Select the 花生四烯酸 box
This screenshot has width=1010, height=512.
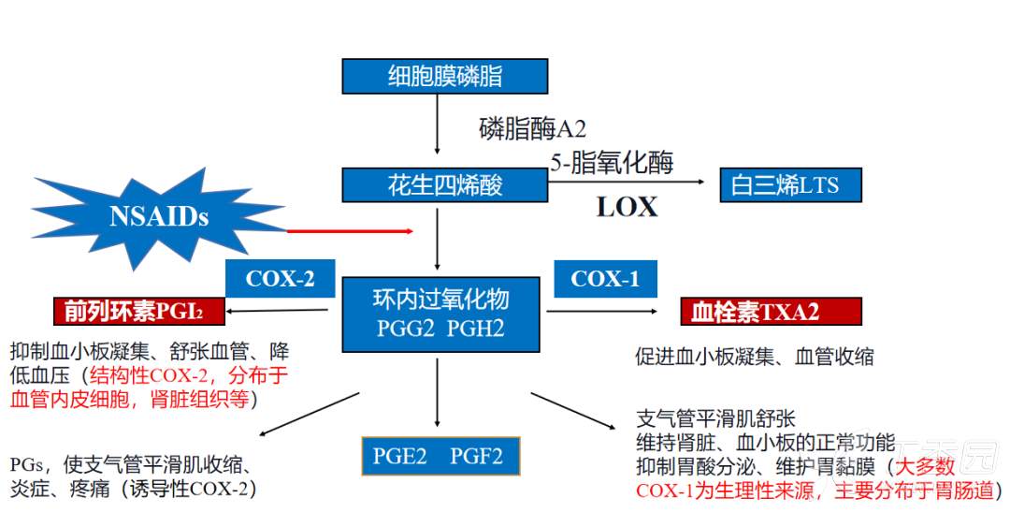(444, 184)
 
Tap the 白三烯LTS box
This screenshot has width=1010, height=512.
(790, 184)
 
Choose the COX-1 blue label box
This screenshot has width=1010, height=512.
(604, 279)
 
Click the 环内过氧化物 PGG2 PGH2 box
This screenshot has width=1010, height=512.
(440, 313)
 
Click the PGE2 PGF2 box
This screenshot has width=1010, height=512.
(439, 457)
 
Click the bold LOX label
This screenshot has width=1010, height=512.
(627, 206)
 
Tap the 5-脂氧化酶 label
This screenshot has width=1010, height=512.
(612, 163)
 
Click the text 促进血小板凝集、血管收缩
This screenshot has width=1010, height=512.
(755, 357)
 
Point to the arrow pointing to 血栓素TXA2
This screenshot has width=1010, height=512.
(612, 311)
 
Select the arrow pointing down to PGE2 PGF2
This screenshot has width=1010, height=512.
(438, 393)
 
